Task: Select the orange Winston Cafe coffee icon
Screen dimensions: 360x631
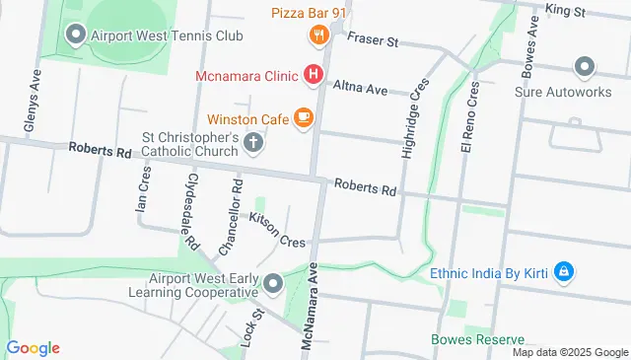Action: (303, 119)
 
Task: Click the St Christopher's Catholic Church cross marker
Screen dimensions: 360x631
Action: (253, 143)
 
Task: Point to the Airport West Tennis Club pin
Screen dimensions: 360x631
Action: (75, 36)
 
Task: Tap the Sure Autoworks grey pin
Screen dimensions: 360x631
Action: (584, 67)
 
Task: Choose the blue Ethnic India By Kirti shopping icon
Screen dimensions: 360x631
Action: (563, 270)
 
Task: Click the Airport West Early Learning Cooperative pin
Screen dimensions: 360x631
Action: (273, 285)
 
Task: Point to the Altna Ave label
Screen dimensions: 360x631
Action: (361, 88)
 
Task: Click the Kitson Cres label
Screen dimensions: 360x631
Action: (277, 229)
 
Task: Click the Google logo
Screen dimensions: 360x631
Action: (33, 348)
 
